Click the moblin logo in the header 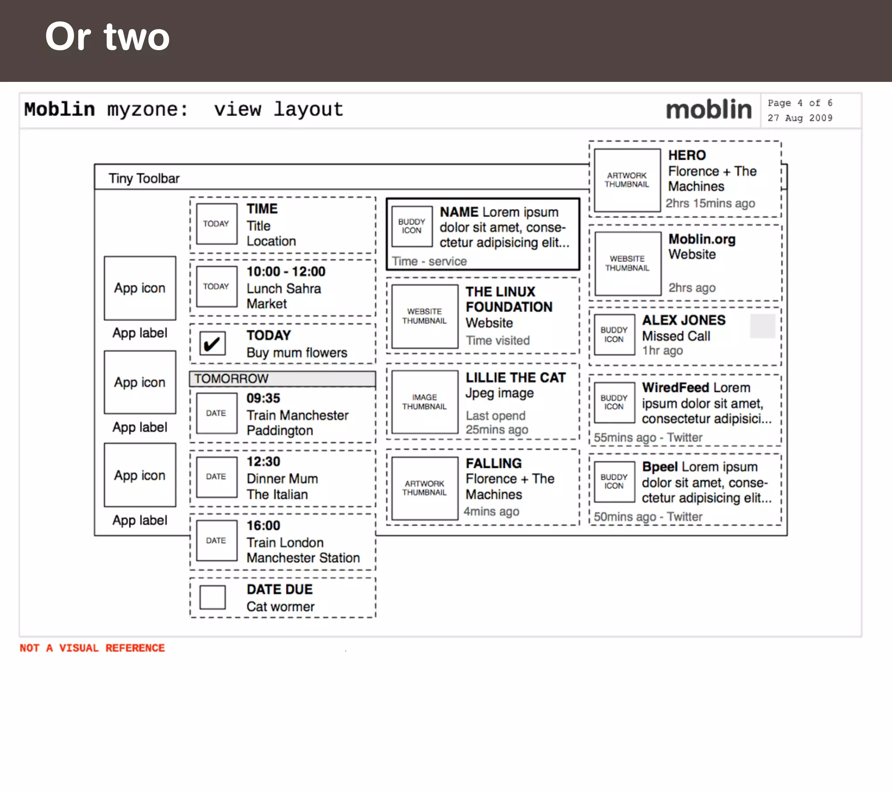pos(708,110)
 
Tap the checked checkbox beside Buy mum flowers pos(213,344)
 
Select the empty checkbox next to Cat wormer pos(213,597)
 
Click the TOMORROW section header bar pos(282,379)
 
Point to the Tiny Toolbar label pos(144,178)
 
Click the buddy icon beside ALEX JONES pos(614,335)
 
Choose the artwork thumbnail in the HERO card pos(627,180)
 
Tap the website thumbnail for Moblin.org pos(628,263)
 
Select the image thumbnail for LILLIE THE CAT pos(425,402)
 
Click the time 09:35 pos(263,398)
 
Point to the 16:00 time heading pos(263,525)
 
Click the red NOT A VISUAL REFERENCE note pos(92,648)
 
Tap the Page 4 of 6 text pos(800,103)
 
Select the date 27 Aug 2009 pos(800,118)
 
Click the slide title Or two pos(107,37)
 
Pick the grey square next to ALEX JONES pos(762,326)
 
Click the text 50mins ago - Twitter pos(648,517)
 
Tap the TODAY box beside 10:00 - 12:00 pos(216,286)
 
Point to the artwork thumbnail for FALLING pos(425,488)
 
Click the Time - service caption pos(429,261)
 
